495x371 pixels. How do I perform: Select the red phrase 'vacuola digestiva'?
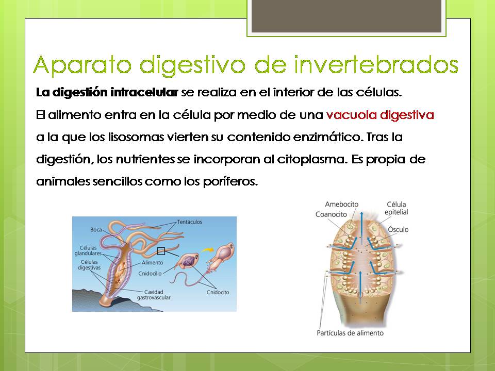coord(380,115)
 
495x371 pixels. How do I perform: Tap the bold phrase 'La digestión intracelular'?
coord(107,93)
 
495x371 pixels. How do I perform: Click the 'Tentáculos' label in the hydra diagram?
coord(189,222)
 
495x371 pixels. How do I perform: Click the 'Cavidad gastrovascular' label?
coord(154,295)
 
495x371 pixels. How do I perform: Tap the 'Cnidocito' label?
coord(219,292)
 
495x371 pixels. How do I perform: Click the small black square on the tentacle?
coord(161,251)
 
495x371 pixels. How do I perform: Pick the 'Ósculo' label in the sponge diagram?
coord(398,229)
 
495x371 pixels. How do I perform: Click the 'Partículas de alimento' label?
coord(350,333)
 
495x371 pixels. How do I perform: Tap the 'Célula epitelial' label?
coord(397,208)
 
